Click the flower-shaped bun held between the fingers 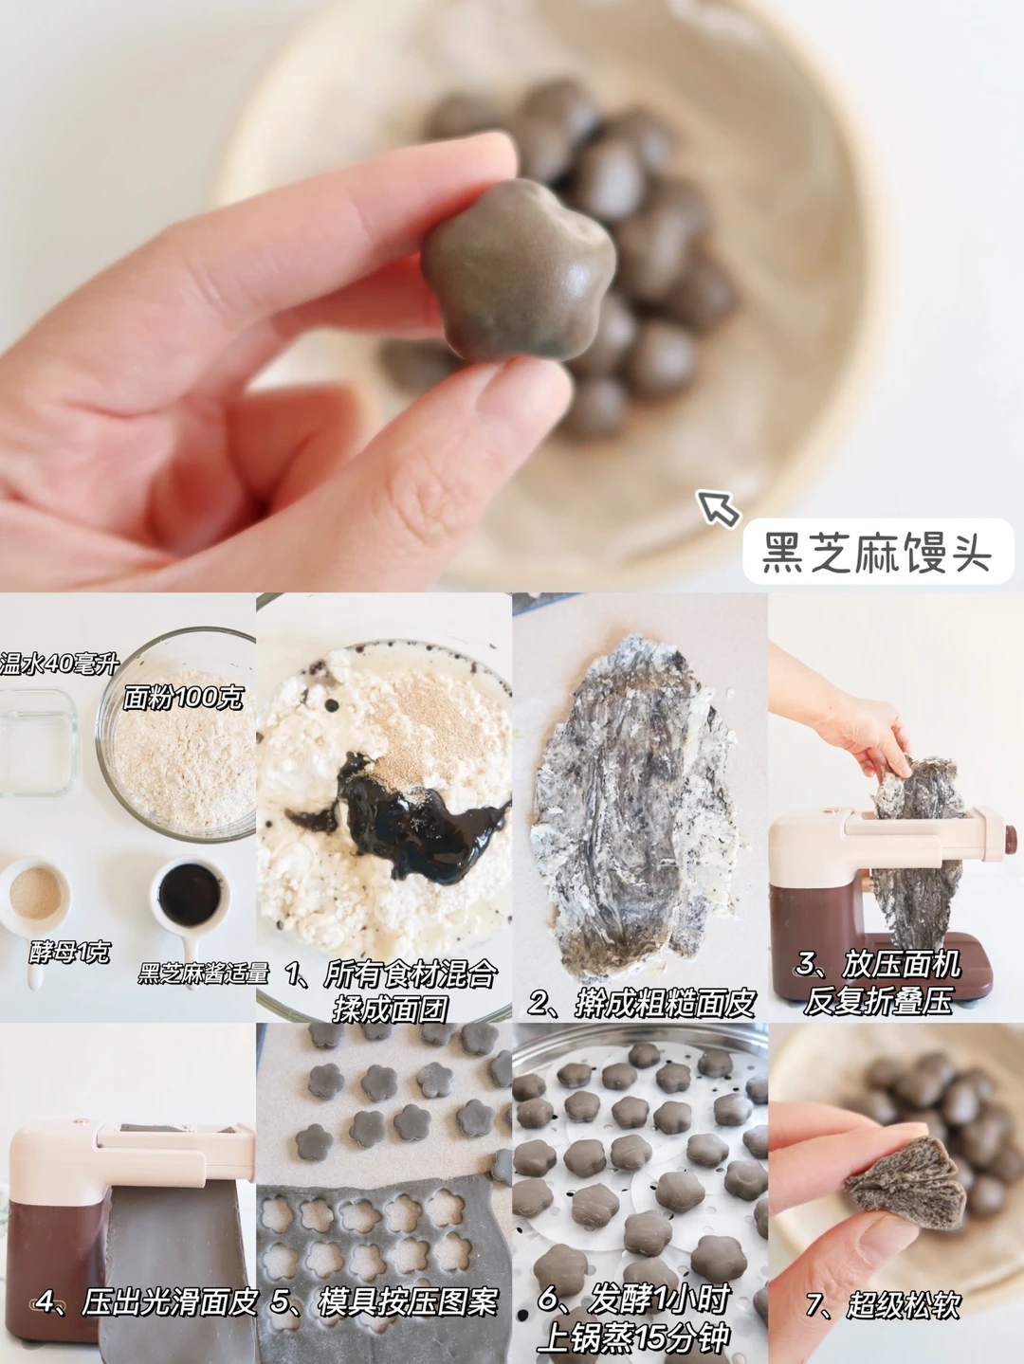[520, 270]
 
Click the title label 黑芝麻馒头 [877, 553]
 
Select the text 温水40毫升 [59, 664]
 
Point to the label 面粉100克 [182, 699]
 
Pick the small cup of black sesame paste [190, 896]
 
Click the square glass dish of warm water [37, 742]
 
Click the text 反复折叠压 [877, 1000]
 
